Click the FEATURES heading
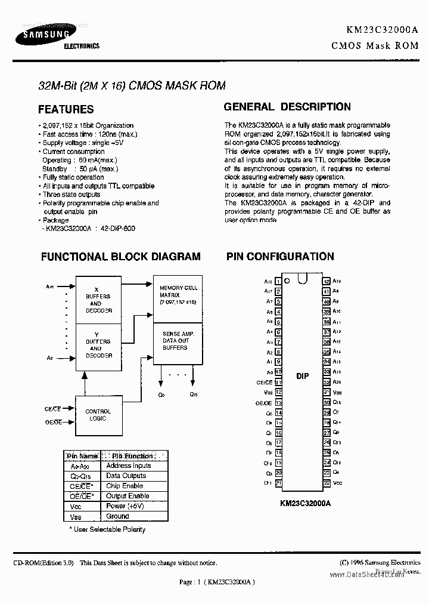(x=66, y=109)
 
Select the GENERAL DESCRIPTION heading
(x=287, y=107)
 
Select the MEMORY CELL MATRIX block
(x=177, y=295)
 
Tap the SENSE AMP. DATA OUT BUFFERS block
(x=177, y=342)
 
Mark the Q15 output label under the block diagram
(x=194, y=395)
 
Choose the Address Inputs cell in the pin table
(x=128, y=466)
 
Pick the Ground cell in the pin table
(x=117, y=516)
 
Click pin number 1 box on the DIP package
(x=278, y=281)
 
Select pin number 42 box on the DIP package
(x=327, y=281)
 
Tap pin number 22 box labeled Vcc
(x=327, y=483)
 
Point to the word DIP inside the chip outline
(x=302, y=377)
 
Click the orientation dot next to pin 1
(x=287, y=281)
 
